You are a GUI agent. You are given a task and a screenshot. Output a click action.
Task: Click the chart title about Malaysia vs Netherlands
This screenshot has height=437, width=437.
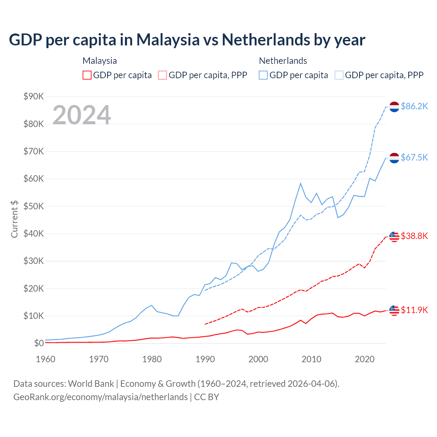coord(187,40)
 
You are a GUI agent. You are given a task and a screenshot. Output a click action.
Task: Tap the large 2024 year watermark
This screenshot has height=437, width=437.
coord(82,115)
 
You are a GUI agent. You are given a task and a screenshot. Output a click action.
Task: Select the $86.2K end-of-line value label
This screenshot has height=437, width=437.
coord(414,106)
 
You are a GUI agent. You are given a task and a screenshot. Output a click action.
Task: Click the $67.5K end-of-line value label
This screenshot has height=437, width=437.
coord(414,157)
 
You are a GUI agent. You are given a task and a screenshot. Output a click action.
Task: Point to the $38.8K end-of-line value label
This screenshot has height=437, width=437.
coord(414,236)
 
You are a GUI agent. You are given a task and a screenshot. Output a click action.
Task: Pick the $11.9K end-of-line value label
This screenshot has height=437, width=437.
coord(414,310)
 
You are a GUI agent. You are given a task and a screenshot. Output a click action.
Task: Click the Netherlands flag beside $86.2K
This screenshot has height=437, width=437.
coord(394,107)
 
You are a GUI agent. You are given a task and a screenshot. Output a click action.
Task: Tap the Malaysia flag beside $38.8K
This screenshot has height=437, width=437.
coord(394,236)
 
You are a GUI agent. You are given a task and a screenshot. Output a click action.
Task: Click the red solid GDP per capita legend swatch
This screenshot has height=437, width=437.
coord(87,75)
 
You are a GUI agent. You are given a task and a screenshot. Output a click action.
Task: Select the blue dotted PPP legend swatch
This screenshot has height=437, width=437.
coord(339,75)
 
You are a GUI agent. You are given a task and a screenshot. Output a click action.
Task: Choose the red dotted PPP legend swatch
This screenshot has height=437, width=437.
coord(163,75)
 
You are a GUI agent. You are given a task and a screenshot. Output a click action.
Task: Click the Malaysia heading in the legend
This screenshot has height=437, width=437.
coord(100,61)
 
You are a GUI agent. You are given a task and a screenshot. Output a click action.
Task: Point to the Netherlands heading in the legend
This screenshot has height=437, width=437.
coord(283,61)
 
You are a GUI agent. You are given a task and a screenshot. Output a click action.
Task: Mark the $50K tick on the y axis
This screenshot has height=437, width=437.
coord(33,206)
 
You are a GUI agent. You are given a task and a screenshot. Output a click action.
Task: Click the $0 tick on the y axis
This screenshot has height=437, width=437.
coord(39,343)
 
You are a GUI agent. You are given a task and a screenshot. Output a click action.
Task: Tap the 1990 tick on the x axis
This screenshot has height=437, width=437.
coord(205,359)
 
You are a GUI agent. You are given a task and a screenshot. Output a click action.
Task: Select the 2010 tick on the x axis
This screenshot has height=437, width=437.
coord(311,359)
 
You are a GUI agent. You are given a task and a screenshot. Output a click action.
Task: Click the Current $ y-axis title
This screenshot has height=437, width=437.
coord(14,219)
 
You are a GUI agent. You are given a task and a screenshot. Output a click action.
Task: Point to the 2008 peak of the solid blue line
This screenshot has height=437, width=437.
coord(300,183)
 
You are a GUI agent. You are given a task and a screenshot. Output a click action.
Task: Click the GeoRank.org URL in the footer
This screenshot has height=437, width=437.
coord(100,397)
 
